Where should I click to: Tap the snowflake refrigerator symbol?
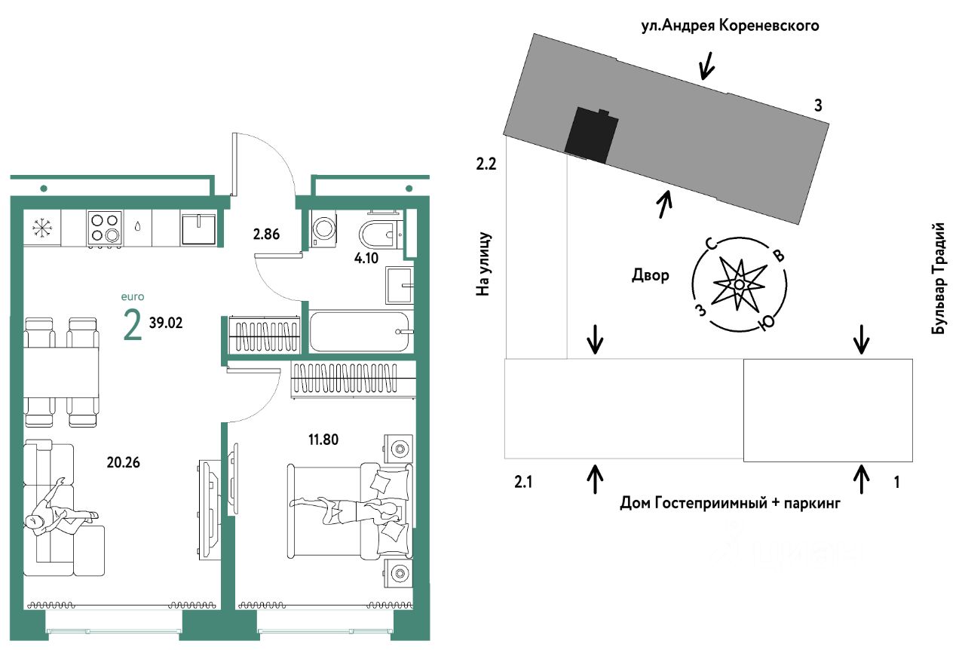coord(41,227)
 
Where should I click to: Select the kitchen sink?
coord(198,227)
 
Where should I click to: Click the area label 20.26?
coord(123,461)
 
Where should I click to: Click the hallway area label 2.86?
coord(267,234)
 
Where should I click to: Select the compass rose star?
coord(739,284)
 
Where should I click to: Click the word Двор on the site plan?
coord(650,275)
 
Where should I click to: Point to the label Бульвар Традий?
coord(939,279)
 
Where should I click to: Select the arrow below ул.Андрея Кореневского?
coord(706,67)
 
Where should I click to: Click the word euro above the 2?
coord(132,297)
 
